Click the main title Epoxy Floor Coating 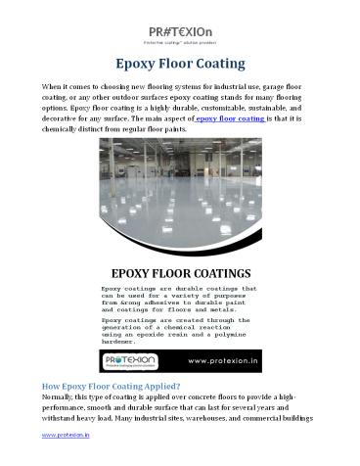pos(179,65)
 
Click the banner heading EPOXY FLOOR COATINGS pos(179,271)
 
